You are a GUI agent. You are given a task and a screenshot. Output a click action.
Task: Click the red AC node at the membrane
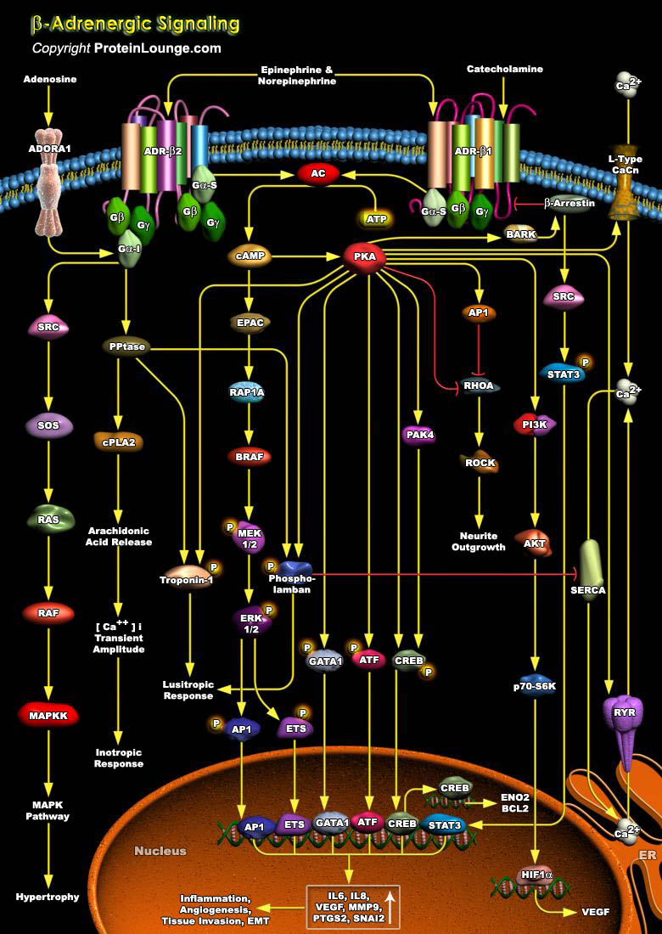tap(318, 173)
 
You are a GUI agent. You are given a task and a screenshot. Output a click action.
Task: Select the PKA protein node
tap(364, 256)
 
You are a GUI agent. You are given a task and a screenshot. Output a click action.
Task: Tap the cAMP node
tap(249, 256)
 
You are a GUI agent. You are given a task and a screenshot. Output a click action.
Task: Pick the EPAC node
tap(249, 323)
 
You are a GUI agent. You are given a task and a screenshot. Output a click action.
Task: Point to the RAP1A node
tap(247, 391)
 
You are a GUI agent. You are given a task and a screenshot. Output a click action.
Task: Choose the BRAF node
tap(249, 456)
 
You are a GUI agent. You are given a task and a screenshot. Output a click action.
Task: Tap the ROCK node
tap(480, 463)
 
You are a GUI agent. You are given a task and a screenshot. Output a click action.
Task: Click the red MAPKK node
tap(48, 715)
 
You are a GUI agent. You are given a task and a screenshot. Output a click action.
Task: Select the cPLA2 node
tap(118, 440)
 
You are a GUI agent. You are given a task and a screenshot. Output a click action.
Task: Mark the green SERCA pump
tap(592, 569)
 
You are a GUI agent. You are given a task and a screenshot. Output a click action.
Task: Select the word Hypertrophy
tap(48, 896)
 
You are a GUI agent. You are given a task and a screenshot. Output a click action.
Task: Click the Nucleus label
tap(160, 850)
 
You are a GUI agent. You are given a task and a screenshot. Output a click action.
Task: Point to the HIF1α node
tap(532, 875)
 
